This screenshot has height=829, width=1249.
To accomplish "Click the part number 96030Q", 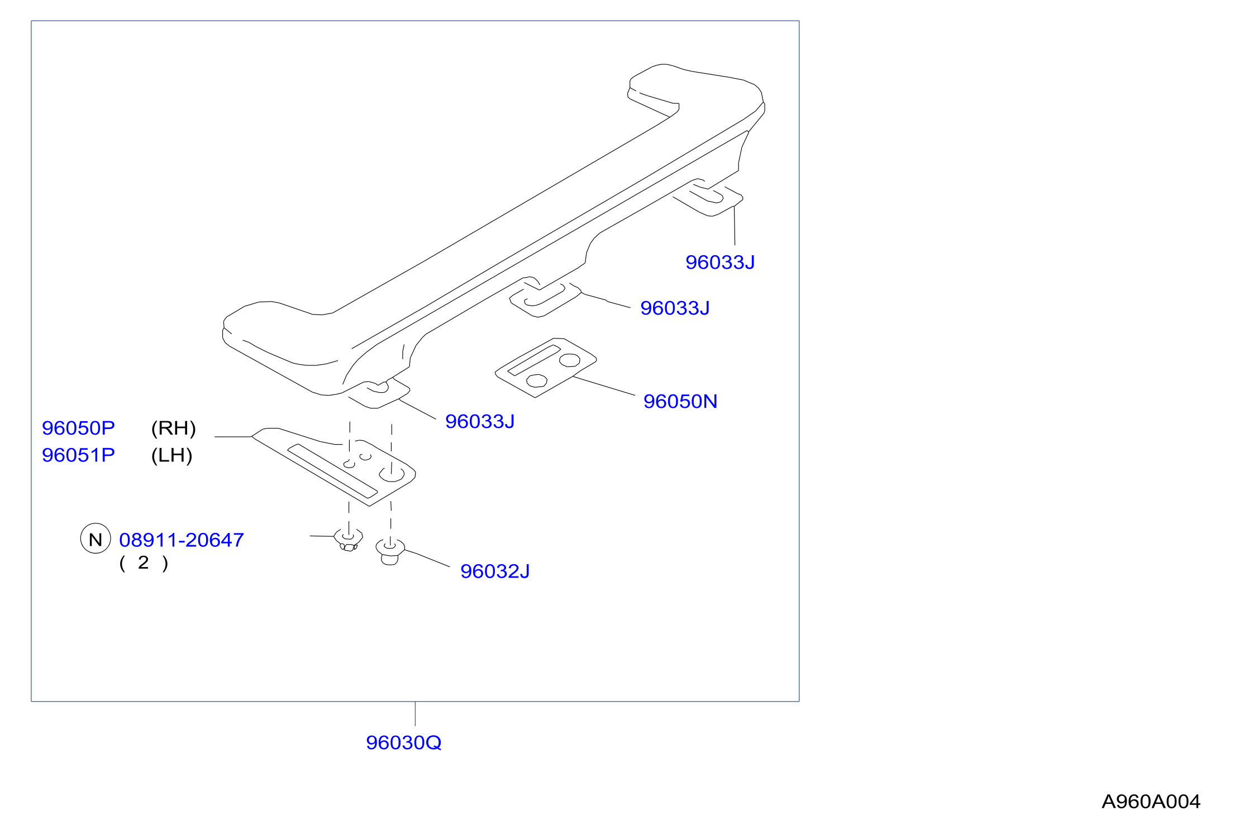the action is point(403,742).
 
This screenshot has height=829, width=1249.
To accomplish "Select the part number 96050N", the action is point(680,401).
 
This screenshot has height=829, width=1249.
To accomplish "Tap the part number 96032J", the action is point(495,571).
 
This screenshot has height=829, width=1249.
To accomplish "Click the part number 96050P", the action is point(78,428).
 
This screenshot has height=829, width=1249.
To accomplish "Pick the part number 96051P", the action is point(78,455).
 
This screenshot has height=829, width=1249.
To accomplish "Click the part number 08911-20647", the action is point(182,540).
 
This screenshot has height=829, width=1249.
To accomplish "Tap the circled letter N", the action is point(96,539).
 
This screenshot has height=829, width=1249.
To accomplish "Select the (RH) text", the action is point(173,428).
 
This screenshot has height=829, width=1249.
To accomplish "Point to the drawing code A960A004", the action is point(1151,802).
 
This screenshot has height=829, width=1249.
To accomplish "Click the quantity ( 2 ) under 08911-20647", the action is point(144,563).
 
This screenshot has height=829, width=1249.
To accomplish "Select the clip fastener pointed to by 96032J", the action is point(390,552).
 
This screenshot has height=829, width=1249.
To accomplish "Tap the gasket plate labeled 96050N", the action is point(546,368).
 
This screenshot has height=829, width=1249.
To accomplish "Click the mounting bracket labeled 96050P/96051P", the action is point(334,466).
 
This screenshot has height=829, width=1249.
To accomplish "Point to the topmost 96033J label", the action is point(720,262).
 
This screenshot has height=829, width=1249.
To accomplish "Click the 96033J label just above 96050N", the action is point(675,308).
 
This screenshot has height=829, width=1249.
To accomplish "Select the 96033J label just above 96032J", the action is point(480,421).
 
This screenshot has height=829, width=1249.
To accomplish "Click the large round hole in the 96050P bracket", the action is point(392,475).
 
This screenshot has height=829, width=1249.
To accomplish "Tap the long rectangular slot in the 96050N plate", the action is point(533,360).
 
